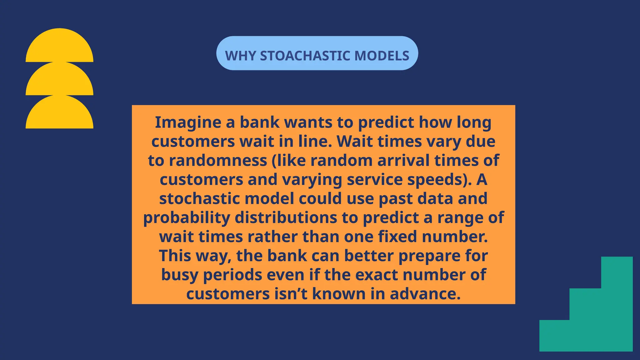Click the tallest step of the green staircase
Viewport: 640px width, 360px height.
coord(617,303)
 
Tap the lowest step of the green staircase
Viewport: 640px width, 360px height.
coord(554,336)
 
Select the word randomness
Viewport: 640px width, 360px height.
coord(218,161)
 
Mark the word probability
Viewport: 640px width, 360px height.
coord(187,218)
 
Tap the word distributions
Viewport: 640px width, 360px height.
coord(286,218)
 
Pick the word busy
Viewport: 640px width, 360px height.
coord(180,275)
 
